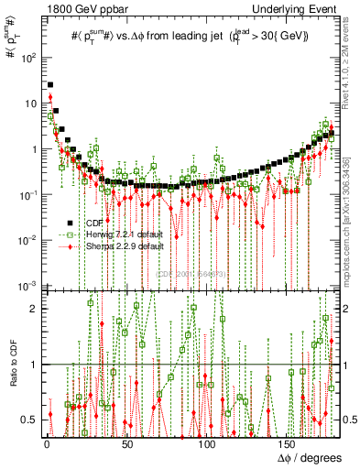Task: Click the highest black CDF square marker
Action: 49,85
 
